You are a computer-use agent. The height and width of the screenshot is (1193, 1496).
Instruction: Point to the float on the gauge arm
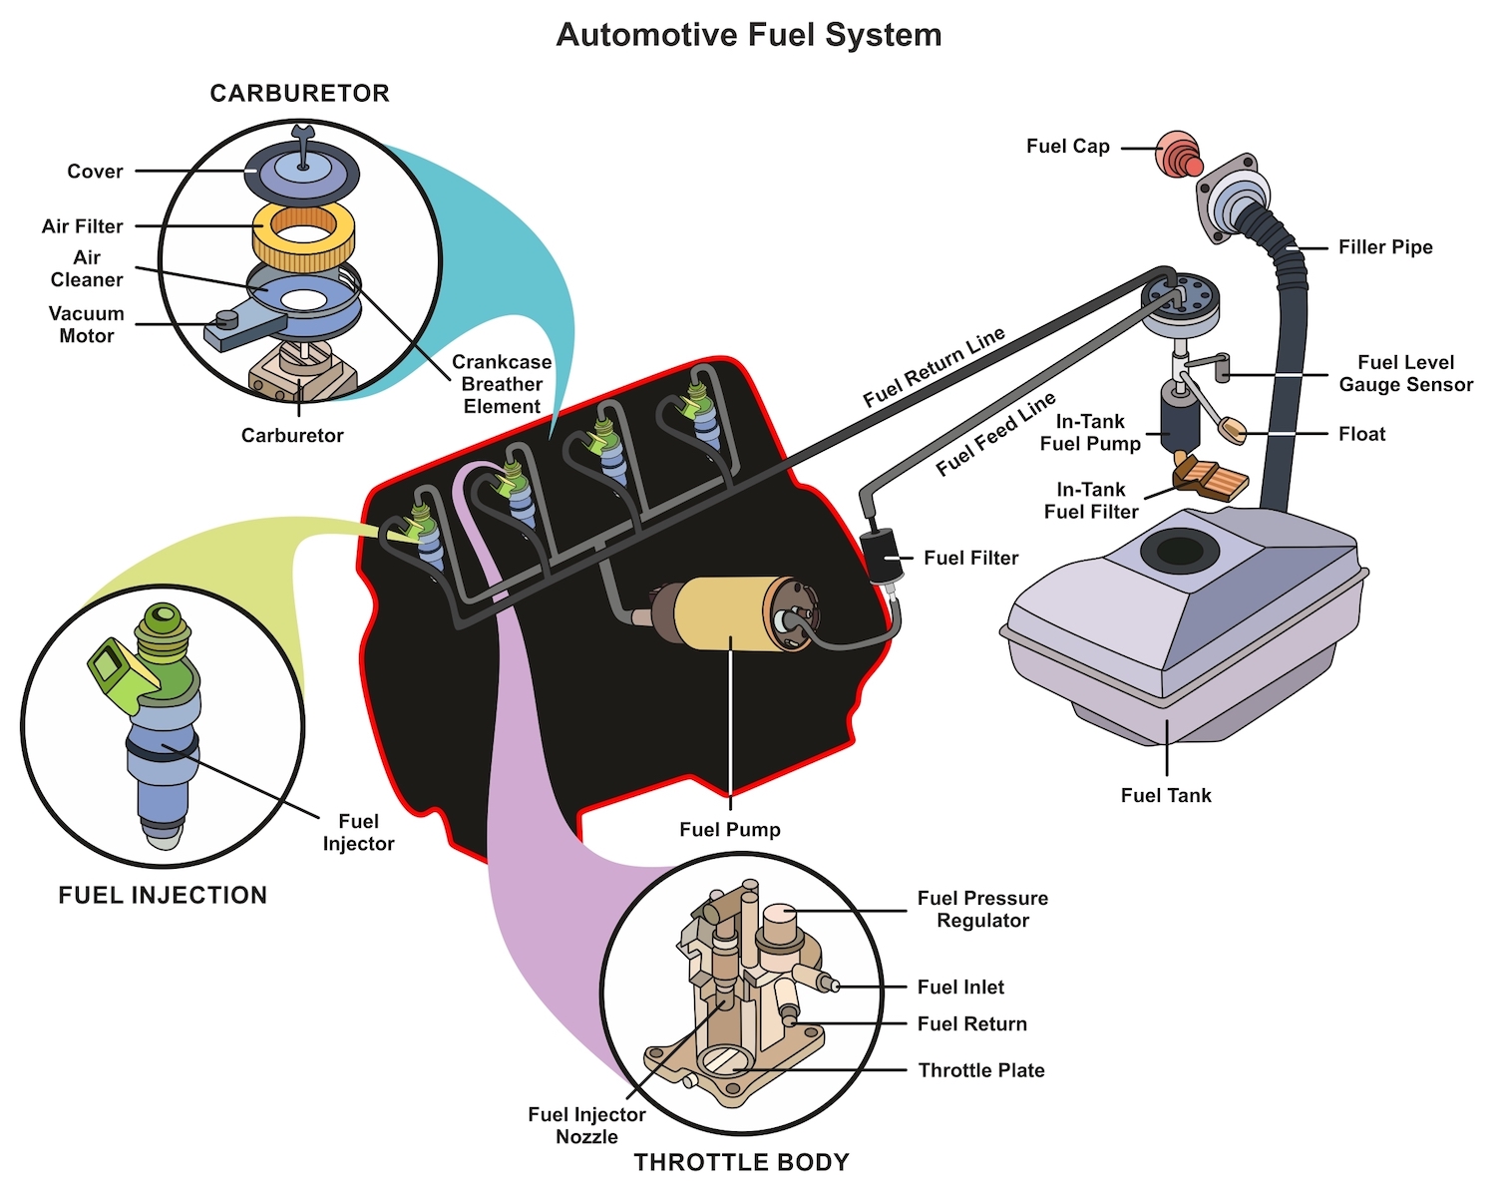tap(1234, 431)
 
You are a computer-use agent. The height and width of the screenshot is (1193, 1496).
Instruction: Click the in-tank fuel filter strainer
tap(1213, 478)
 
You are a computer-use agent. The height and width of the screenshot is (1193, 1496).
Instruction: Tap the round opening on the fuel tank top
tap(1180, 551)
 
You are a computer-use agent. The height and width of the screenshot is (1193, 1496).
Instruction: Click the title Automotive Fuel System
tap(748, 35)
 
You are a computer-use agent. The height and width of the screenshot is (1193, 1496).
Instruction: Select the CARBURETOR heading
tap(299, 94)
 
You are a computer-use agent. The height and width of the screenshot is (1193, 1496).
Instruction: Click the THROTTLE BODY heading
tap(741, 1162)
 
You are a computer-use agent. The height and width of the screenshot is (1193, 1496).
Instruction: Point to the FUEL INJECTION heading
tap(163, 895)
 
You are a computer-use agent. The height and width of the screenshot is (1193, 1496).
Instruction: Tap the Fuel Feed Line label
tap(995, 434)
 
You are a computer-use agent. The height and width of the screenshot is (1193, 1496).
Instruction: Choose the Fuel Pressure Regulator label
tap(982, 909)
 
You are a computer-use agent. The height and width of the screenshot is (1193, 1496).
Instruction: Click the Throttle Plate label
tap(981, 1070)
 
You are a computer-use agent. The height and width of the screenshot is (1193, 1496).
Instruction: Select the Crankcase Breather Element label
tap(502, 384)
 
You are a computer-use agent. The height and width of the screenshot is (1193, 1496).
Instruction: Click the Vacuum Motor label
tap(87, 324)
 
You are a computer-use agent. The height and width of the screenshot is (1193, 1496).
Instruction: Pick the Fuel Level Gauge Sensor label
tap(1405, 373)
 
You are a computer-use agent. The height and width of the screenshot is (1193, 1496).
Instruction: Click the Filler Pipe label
tap(1385, 247)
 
